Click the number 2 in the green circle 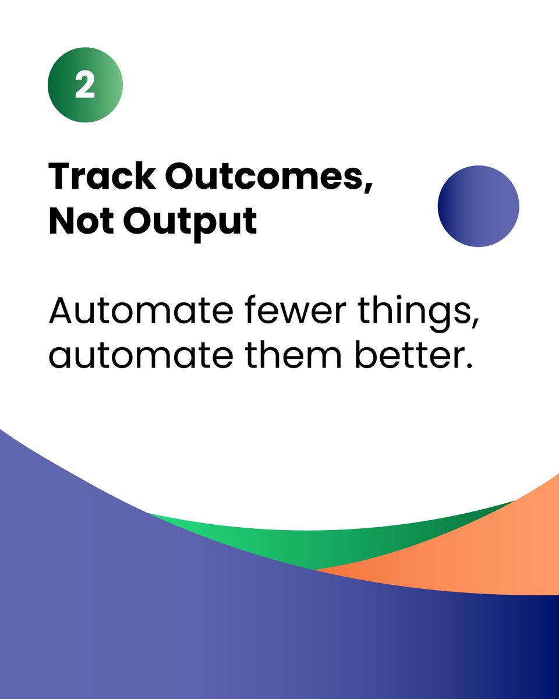tap(85, 86)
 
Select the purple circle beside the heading tap(478, 206)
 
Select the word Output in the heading tap(190, 221)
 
